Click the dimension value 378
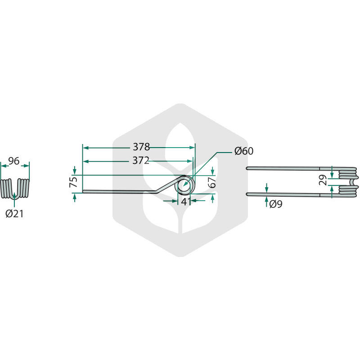(141, 147)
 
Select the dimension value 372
(141, 161)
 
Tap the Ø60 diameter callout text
(244, 151)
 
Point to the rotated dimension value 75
(74, 182)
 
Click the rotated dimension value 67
(212, 182)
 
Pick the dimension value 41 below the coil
(186, 202)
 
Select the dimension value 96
(14, 161)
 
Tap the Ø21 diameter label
(14, 214)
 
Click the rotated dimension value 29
(323, 180)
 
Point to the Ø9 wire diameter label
(276, 204)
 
